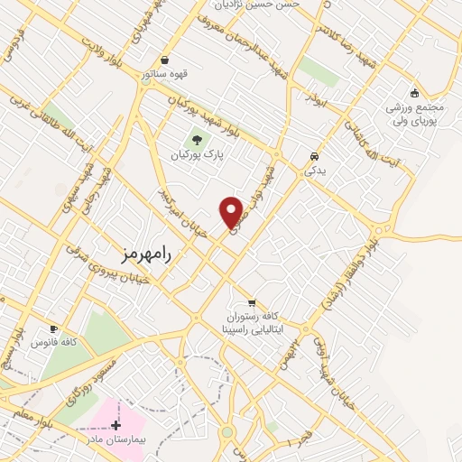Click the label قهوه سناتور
tap(163, 74)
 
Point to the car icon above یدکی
tap(313, 154)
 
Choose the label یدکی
tap(313, 170)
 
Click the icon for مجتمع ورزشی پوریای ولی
tap(414, 92)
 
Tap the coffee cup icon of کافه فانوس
tap(53, 328)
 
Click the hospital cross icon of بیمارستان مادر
tap(116, 424)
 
